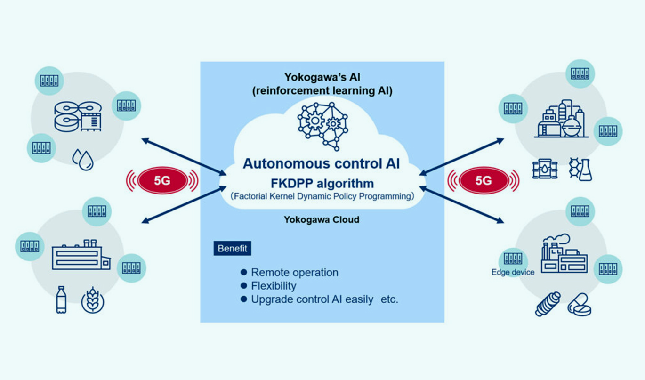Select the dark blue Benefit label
(232, 248)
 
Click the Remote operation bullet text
(294, 272)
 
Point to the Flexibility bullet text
(274, 285)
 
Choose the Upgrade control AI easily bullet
(312, 299)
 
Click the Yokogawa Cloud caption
(322, 219)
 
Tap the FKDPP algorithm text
(322, 183)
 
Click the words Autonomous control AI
(322, 164)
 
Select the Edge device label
(513, 272)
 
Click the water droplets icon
(83, 160)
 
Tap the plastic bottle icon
(61, 299)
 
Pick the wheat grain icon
(93, 300)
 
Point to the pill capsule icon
(580, 305)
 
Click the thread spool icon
(548, 304)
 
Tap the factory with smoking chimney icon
(563, 254)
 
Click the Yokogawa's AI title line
(322, 77)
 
